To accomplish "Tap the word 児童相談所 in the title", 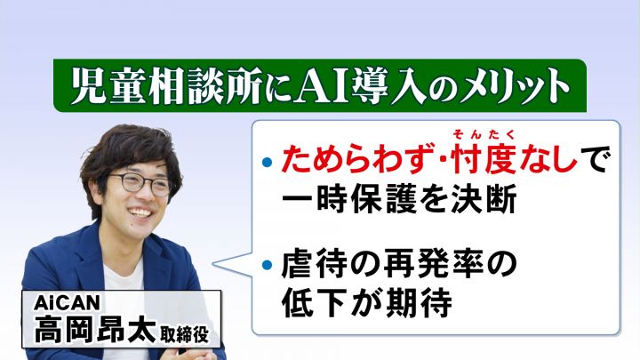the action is point(165,86).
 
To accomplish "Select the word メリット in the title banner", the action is point(514,86).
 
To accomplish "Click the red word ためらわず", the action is point(356,160).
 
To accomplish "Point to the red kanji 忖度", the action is point(484,160).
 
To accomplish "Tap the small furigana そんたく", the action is point(484,134).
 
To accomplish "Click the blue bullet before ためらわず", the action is point(267,162).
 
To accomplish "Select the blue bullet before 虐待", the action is point(267,265).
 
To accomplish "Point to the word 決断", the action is point(484,200).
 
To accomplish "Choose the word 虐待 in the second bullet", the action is point(314,265).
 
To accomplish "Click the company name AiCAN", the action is point(67,302).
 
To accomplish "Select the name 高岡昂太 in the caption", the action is point(95,330).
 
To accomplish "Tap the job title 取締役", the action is point(185,334).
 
